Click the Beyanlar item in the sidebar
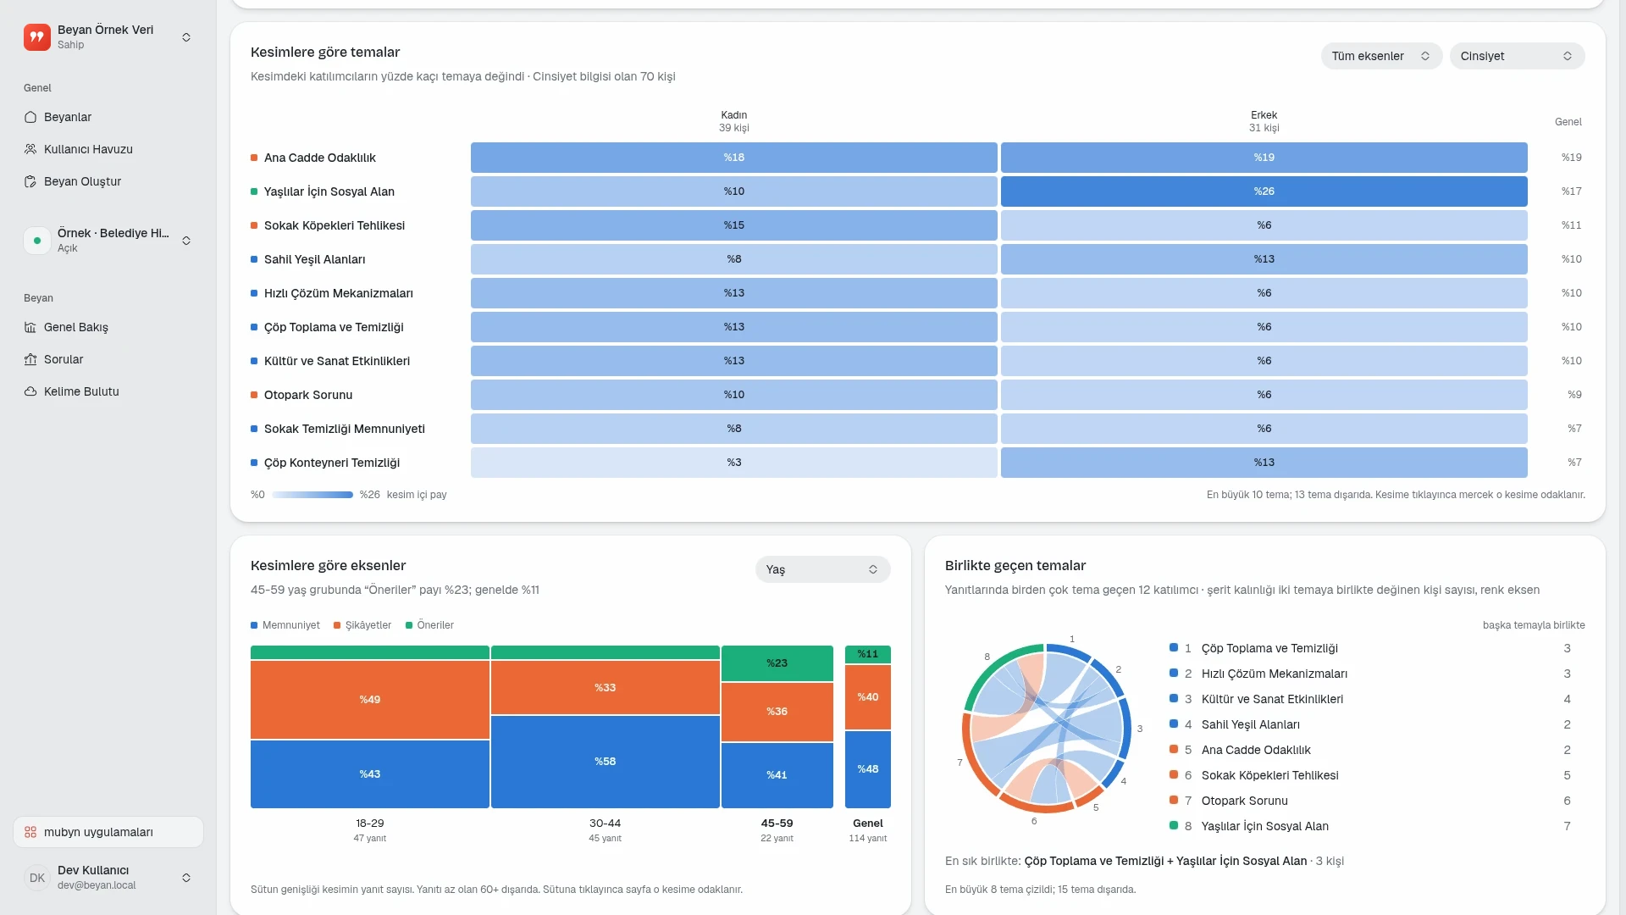coord(68,117)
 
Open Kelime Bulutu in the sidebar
coord(81,391)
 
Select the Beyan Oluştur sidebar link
coord(82,181)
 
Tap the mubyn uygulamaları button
coord(108,832)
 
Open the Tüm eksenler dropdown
coord(1381,56)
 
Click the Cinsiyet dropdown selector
coord(1517,56)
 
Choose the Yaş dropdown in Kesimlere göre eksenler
coord(822,569)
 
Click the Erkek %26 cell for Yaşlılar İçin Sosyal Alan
coord(1264,191)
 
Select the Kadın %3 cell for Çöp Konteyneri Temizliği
coord(733,463)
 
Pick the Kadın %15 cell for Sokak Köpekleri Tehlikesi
coord(733,225)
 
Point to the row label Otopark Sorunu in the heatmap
coord(308,395)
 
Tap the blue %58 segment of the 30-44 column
coord(605,762)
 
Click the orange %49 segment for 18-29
coord(370,700)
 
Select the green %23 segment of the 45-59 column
coord(777,663)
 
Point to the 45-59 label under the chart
coord(777,823)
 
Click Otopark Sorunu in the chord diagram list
coord(1244,801)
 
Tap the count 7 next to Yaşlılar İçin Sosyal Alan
coord(1567,826)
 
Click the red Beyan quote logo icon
coord(37,37)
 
